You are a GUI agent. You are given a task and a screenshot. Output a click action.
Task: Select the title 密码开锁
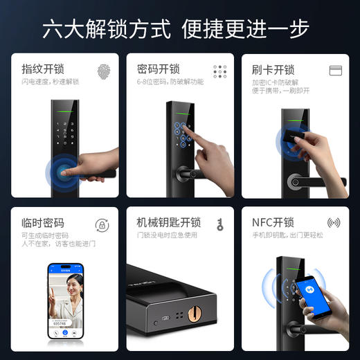coord(159,69)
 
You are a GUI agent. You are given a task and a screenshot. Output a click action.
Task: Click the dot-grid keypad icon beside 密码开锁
coord(220,71)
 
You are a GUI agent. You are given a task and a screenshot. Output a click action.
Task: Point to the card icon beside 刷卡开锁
coord(336,70)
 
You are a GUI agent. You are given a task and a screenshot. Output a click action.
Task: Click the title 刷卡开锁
coord(273,69)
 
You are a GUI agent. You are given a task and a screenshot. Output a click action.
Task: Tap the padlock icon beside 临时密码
coord(102,225)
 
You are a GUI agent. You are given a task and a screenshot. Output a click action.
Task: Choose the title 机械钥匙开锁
coord(169,222)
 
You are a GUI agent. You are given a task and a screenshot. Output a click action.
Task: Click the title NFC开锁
coord(273,222)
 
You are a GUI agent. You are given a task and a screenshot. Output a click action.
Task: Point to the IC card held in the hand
coord(287,141)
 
